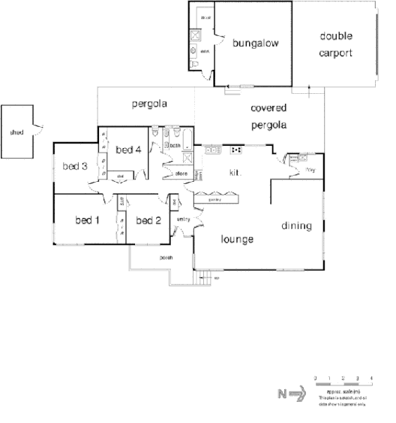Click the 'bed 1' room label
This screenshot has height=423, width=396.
[87, 220]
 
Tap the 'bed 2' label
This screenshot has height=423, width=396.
[148, 220]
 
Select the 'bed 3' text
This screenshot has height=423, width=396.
[76, 166]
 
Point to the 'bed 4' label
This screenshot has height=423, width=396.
[128, 150]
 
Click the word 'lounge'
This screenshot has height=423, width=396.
[237, 240]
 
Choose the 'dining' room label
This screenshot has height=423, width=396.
[297, 225]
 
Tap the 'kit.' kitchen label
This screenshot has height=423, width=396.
[234, 172]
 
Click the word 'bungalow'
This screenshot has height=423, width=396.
[256, 44]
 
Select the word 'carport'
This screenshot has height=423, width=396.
[336, 53]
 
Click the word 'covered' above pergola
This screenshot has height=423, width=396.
[269, 109]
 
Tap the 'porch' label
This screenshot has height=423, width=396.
[166, 258]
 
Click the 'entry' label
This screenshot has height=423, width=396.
[184, 219]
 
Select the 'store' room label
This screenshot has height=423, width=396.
[181, 174]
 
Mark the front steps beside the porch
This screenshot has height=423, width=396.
[201, 279]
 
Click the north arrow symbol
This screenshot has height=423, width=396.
[291, 393]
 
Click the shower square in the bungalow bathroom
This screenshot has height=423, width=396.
[195, 35]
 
